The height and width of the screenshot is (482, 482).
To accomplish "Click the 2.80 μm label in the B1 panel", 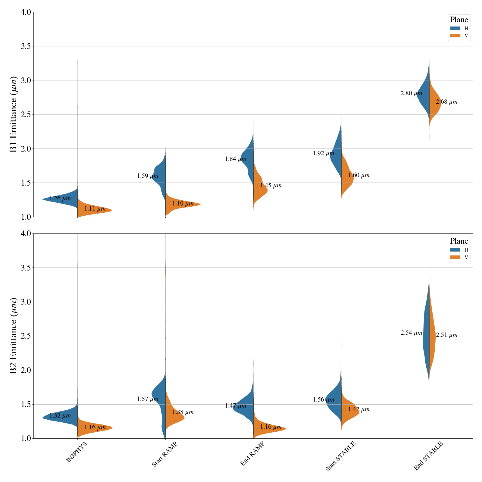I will (x=411, y=93).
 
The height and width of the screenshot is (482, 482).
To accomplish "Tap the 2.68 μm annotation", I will (x=446, y=102).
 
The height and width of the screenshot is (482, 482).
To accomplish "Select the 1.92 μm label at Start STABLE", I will (x=324, y=153).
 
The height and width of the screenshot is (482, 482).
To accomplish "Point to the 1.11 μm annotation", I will (x=95, y=209).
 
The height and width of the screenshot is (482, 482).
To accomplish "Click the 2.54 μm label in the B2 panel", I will (x=411, y=333).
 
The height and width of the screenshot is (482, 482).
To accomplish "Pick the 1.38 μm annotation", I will (x=183, y=412).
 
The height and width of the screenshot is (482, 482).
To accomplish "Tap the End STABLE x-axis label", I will (x=428, y=456).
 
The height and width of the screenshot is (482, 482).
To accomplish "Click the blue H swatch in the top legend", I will (x=455, y=28).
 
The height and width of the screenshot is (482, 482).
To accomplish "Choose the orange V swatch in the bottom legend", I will (x=455, y=257).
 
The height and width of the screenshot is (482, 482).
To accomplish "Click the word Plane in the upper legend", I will (x=459, y=20).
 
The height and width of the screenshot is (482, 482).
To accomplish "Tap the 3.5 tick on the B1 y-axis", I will (x=27, y=46).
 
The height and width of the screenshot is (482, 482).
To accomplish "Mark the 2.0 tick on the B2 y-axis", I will (x=27, y=370).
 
